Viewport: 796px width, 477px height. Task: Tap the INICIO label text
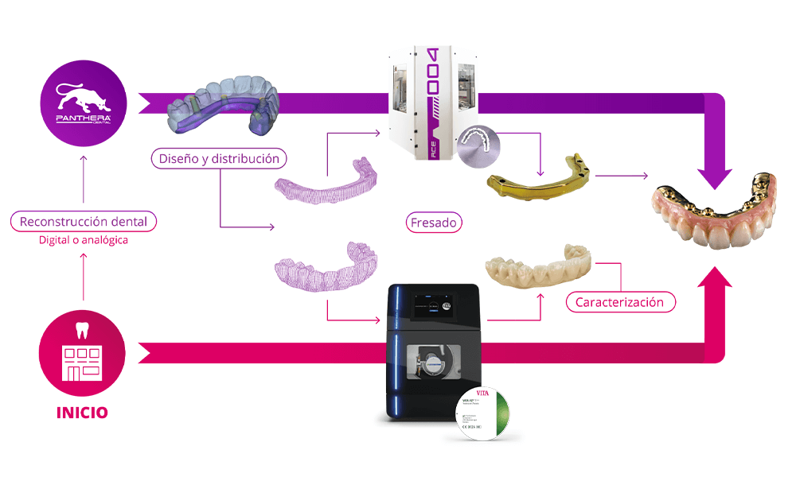pos(82,413)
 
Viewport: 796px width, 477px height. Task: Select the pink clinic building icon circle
pos(83,353)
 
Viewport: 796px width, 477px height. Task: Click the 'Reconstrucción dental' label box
pos(84,221)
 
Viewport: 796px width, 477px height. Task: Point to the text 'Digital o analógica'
pos(84,240)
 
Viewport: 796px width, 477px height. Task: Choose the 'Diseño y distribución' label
pos(219,159)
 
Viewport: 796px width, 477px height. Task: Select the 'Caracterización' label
pos(619,302)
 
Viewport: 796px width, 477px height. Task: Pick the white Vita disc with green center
pos(486,414)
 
